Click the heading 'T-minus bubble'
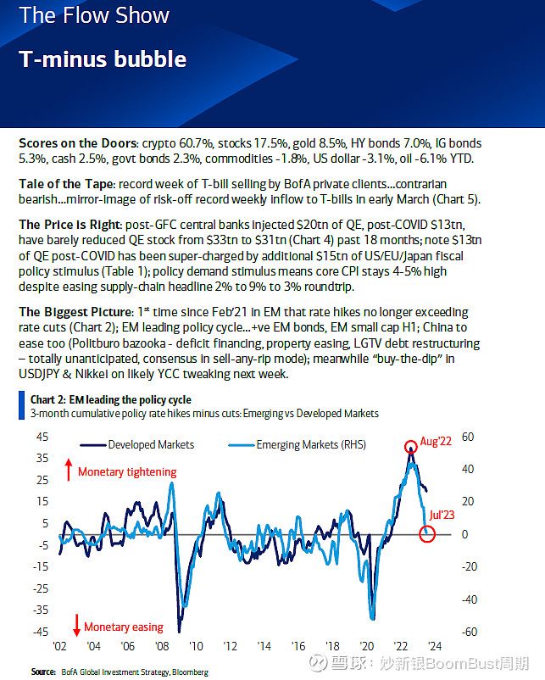[103, 59]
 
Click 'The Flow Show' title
[94, 15]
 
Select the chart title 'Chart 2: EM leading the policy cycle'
[110, 399]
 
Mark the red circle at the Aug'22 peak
[410, 446]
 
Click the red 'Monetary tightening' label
[127, 471]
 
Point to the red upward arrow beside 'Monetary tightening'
[68, 470]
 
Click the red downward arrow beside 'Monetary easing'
[76, 627]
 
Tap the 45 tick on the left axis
[41, 438]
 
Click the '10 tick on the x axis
[197, 645]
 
